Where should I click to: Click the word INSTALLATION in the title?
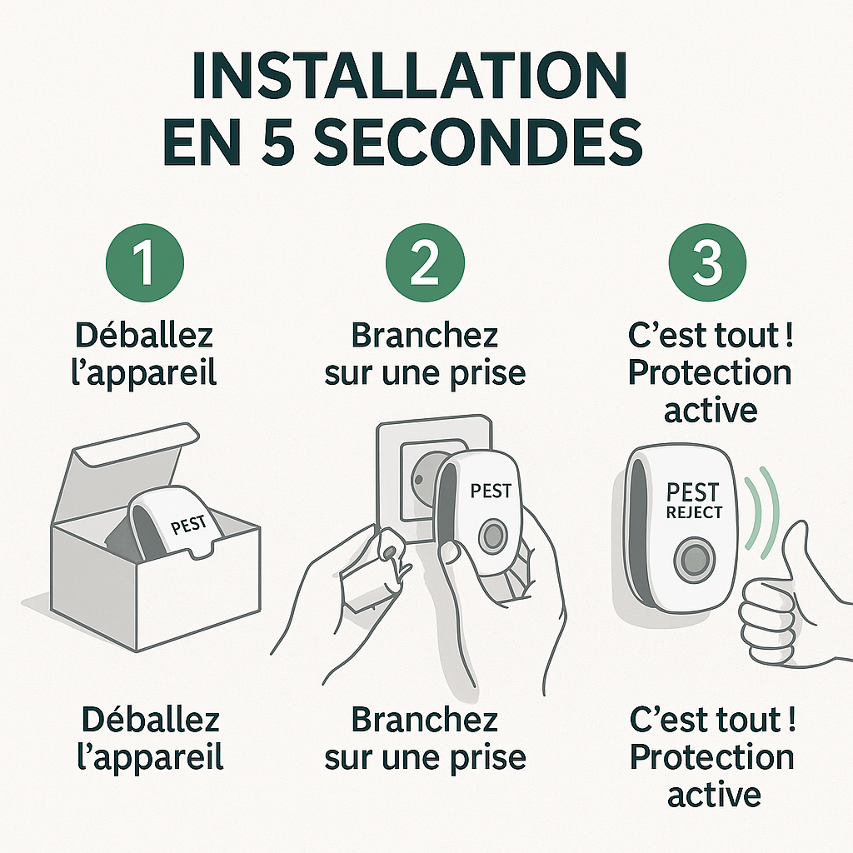(407, 77)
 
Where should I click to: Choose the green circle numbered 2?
(425, 262)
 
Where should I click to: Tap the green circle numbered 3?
(708, 262)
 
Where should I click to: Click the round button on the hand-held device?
(491, 533)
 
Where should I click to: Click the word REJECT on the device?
(694, 512)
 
